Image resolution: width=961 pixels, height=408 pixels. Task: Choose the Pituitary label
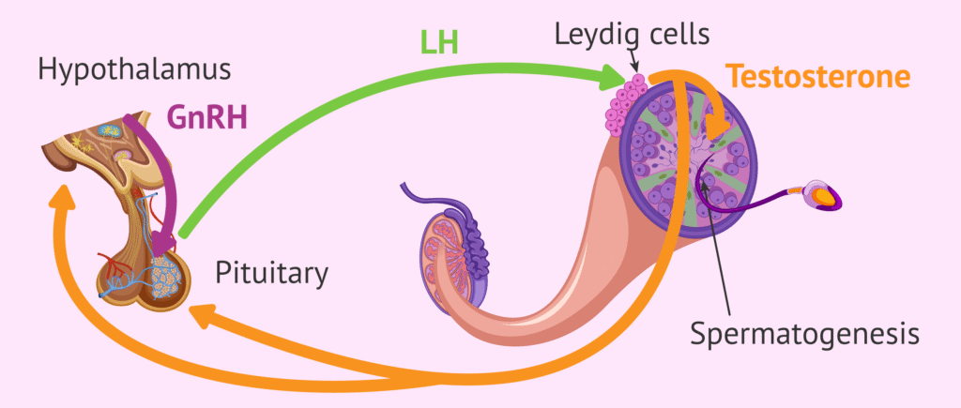[x=272, y=273]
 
